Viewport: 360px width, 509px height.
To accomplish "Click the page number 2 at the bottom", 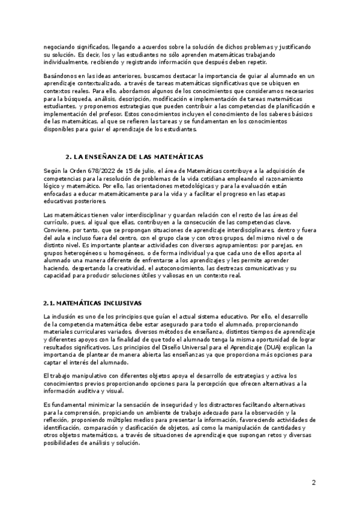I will [x=313, y=482].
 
